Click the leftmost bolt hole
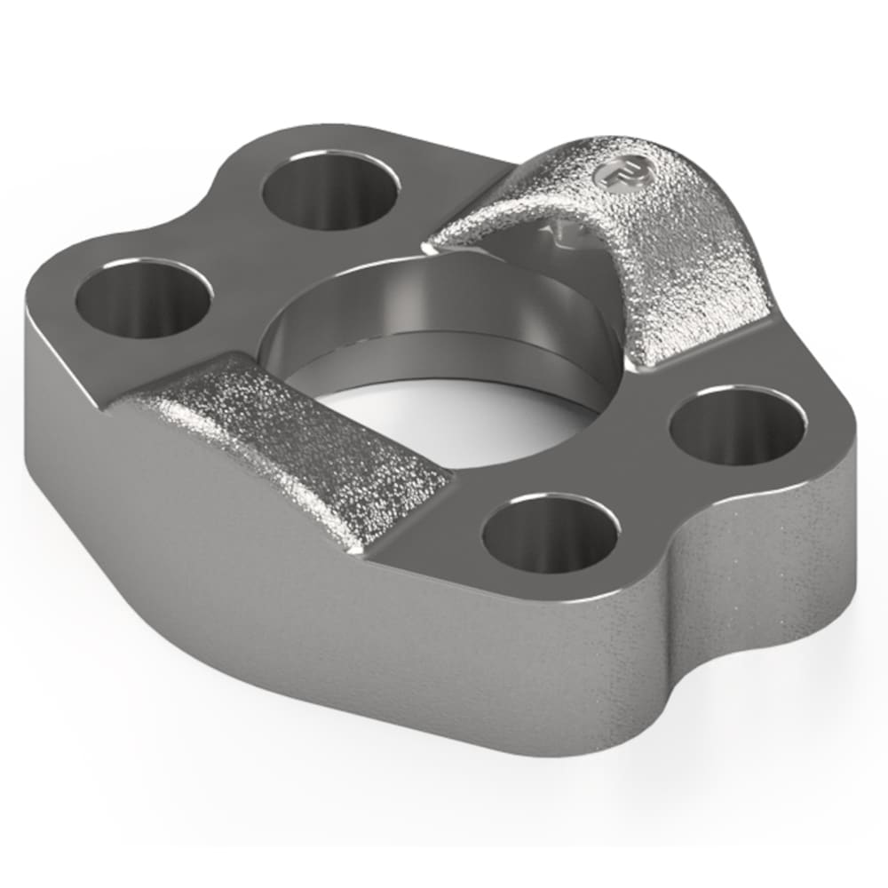[142, 298]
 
